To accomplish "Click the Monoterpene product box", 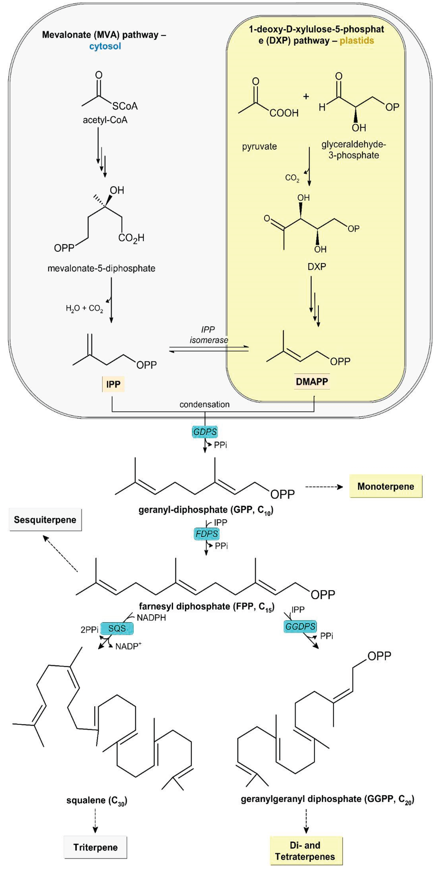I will [386, 486].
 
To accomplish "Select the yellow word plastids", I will [357, 41].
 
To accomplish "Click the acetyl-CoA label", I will [105, 120].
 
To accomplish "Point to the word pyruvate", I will [259, 146].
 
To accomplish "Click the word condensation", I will [204, 404].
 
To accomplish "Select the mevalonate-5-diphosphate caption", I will [101, 269].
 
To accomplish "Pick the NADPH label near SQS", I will [151, 618].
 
